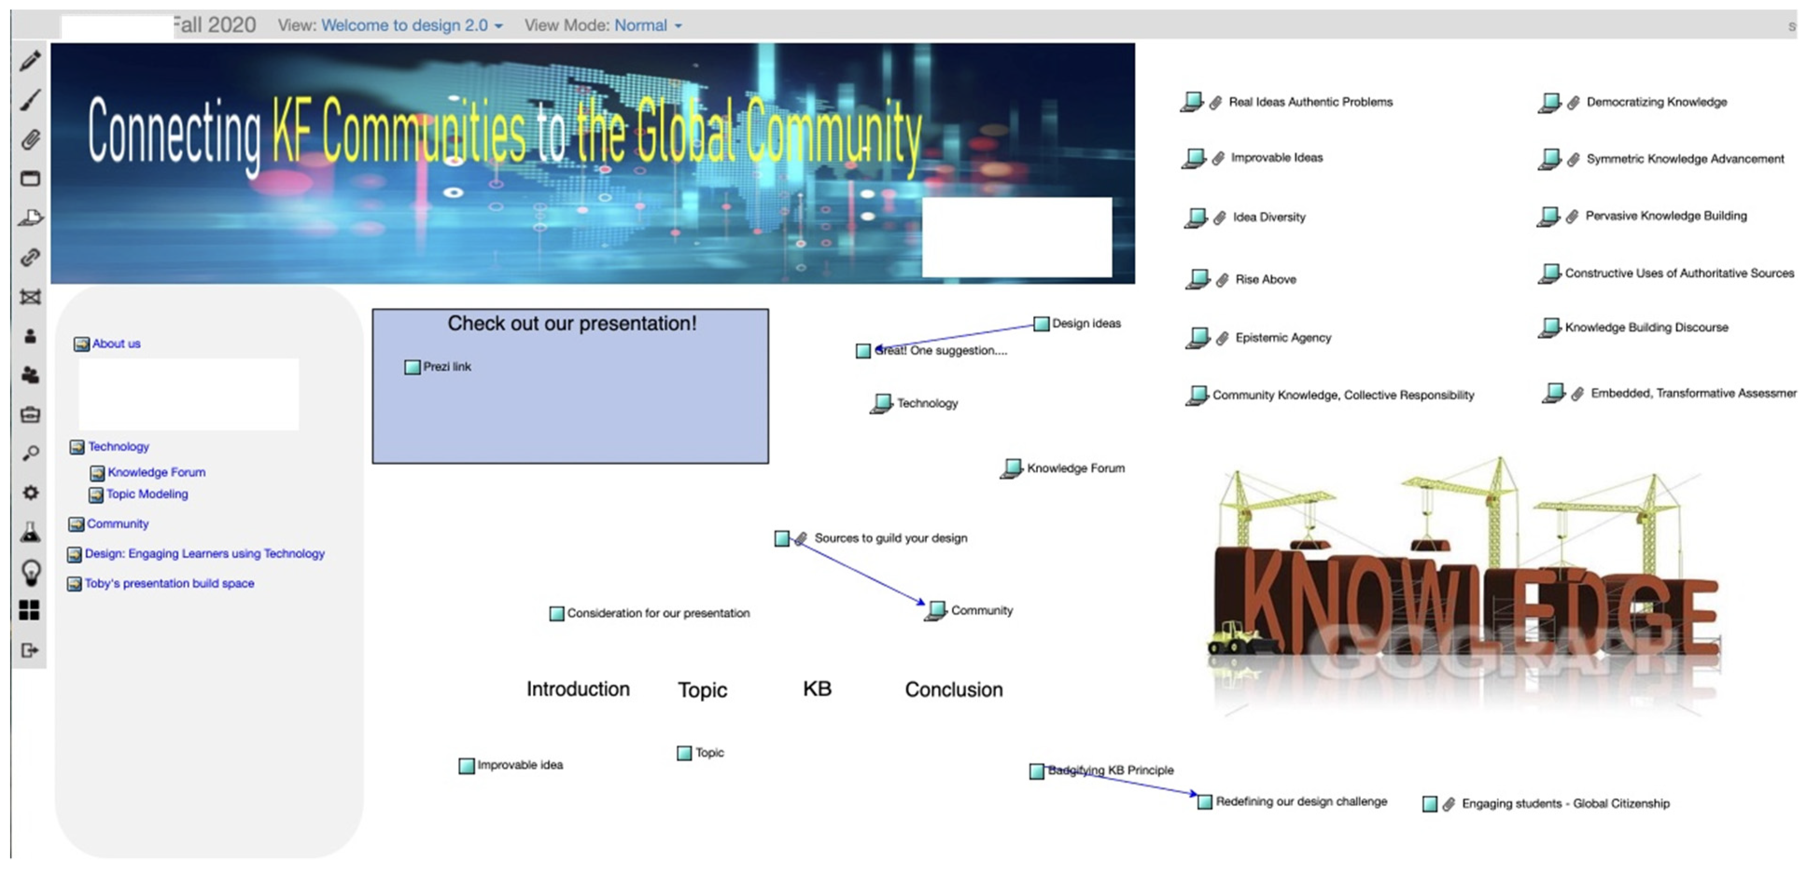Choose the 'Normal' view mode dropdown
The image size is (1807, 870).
(x=647, y=25)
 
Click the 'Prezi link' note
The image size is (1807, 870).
(x=446, y=366)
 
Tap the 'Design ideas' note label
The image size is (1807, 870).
(x=1086, y=323)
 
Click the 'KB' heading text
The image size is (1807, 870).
(x=817, y=689)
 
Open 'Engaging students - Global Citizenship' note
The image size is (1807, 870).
(x=1565, y=803)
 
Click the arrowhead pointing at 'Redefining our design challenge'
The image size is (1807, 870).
(x=1193, y=794)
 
